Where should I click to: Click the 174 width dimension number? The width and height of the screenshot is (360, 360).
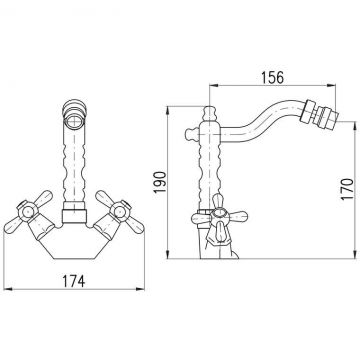point(74,281)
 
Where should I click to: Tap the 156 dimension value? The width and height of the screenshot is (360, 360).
point(272,78)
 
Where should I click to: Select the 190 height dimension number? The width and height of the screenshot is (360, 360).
point(160,182)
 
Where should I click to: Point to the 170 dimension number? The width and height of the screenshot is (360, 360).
point(347,189)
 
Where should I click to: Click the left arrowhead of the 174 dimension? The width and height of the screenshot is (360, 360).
point(7,289)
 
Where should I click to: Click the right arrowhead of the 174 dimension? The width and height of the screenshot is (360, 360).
point(140,289)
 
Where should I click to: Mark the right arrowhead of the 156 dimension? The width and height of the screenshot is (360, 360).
point(332,85)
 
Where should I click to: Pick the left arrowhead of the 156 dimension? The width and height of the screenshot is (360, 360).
point(213,85)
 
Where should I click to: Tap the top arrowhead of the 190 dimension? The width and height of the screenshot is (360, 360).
point(168,111)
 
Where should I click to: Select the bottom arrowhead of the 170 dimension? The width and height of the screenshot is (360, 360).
point(355,254)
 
